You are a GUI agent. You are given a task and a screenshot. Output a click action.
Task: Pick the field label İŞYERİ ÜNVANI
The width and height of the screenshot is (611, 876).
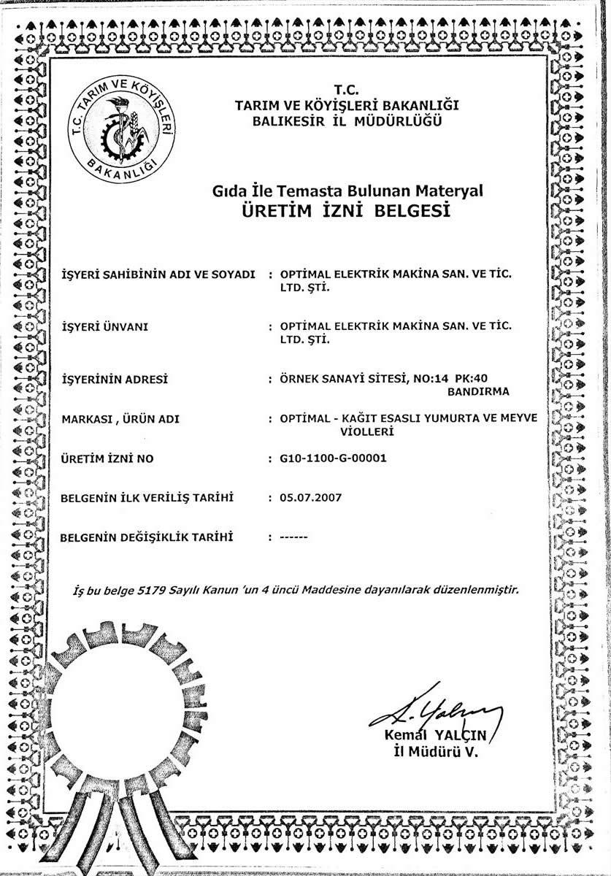tap(104, 326)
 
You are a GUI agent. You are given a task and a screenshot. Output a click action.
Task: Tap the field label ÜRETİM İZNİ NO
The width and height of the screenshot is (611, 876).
tap(106, 458)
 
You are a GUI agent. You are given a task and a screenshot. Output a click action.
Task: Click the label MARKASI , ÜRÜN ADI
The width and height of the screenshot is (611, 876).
tap(120, 419)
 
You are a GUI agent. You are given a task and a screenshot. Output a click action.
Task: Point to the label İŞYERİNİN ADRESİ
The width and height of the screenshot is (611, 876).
tap(114, 379)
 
